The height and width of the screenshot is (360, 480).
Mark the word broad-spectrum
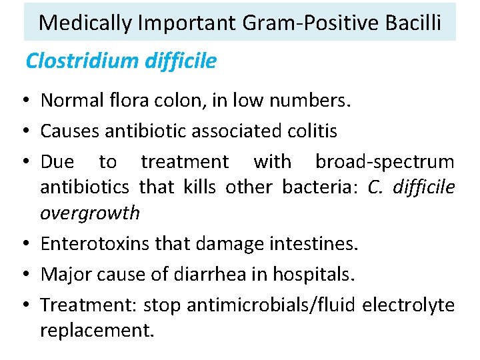pyautogui.click(x=385, y=162)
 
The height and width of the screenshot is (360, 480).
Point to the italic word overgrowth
pyautogui.click(x=90, y=213)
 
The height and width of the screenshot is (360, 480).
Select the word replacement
pyautogui.click(x=97, y=330)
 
